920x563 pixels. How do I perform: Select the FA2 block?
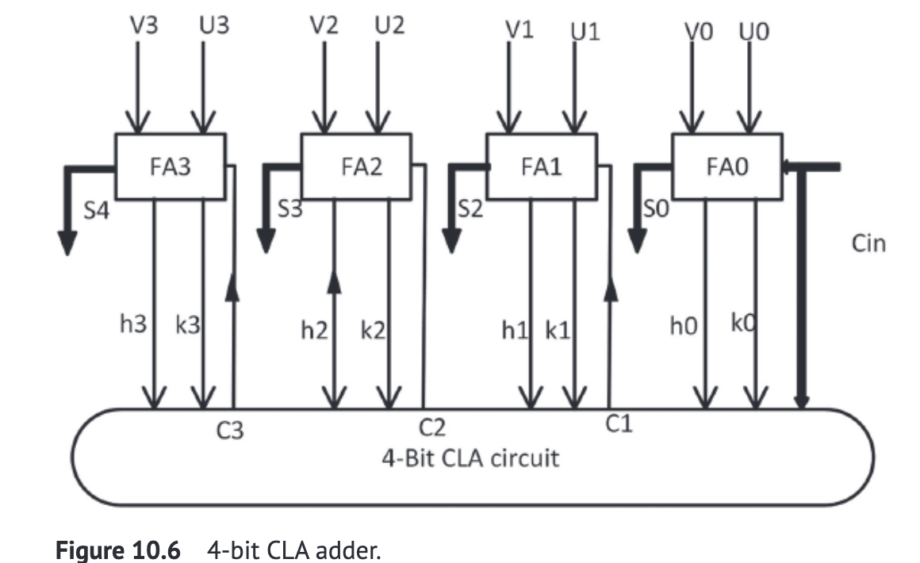tap(356, 167)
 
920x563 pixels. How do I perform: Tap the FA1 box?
tap(541, 167)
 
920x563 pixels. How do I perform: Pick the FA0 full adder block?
tap(726, 167)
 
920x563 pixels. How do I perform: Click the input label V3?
tap(144, 25)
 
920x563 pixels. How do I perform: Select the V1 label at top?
tap(519, 30)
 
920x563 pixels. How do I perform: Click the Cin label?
tap(868, 243)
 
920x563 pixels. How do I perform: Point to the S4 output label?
tap(98, 213)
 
